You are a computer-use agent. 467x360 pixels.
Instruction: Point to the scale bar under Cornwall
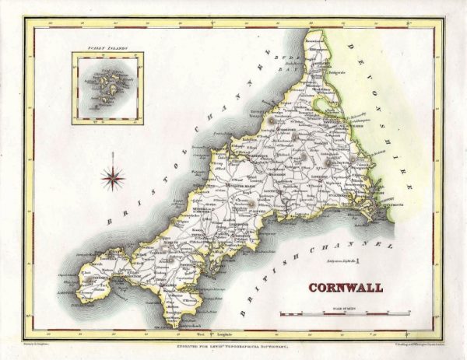tap(346, 313)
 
